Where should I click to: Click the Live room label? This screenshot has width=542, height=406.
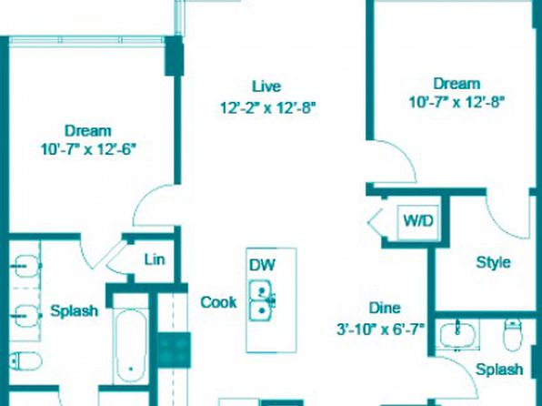[x=266, y=86]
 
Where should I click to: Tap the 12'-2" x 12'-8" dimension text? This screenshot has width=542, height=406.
[x=268, y=108]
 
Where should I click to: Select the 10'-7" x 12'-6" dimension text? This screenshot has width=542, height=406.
[x=88, y=149]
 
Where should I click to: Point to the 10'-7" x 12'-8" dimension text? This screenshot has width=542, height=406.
[x=457, y=102]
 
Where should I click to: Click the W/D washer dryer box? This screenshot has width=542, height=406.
[x=418, y=221]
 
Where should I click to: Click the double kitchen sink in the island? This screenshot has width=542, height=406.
[x=263, y=301]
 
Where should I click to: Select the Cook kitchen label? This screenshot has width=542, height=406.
[x=218, y=302]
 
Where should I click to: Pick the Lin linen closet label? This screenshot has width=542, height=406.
[x=155, y=259]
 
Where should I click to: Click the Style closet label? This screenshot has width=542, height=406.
[x=493, y=262]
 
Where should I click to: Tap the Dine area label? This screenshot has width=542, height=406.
[x=385, y=308]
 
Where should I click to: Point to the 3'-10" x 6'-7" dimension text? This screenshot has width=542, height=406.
[x=380, y=330]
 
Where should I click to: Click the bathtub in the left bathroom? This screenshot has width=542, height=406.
[x=131, y=345]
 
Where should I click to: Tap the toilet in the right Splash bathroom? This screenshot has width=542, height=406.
[x=513, y=334]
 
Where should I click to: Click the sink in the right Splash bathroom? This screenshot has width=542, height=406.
[x=457, y=334]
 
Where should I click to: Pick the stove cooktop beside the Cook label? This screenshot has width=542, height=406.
[x=175, y=350]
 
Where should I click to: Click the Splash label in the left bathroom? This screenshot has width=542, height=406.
[x=74, y=310]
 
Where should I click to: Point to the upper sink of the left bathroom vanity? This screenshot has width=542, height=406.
[x=27, y=266]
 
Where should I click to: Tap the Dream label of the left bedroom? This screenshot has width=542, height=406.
[x=88, y=131]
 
